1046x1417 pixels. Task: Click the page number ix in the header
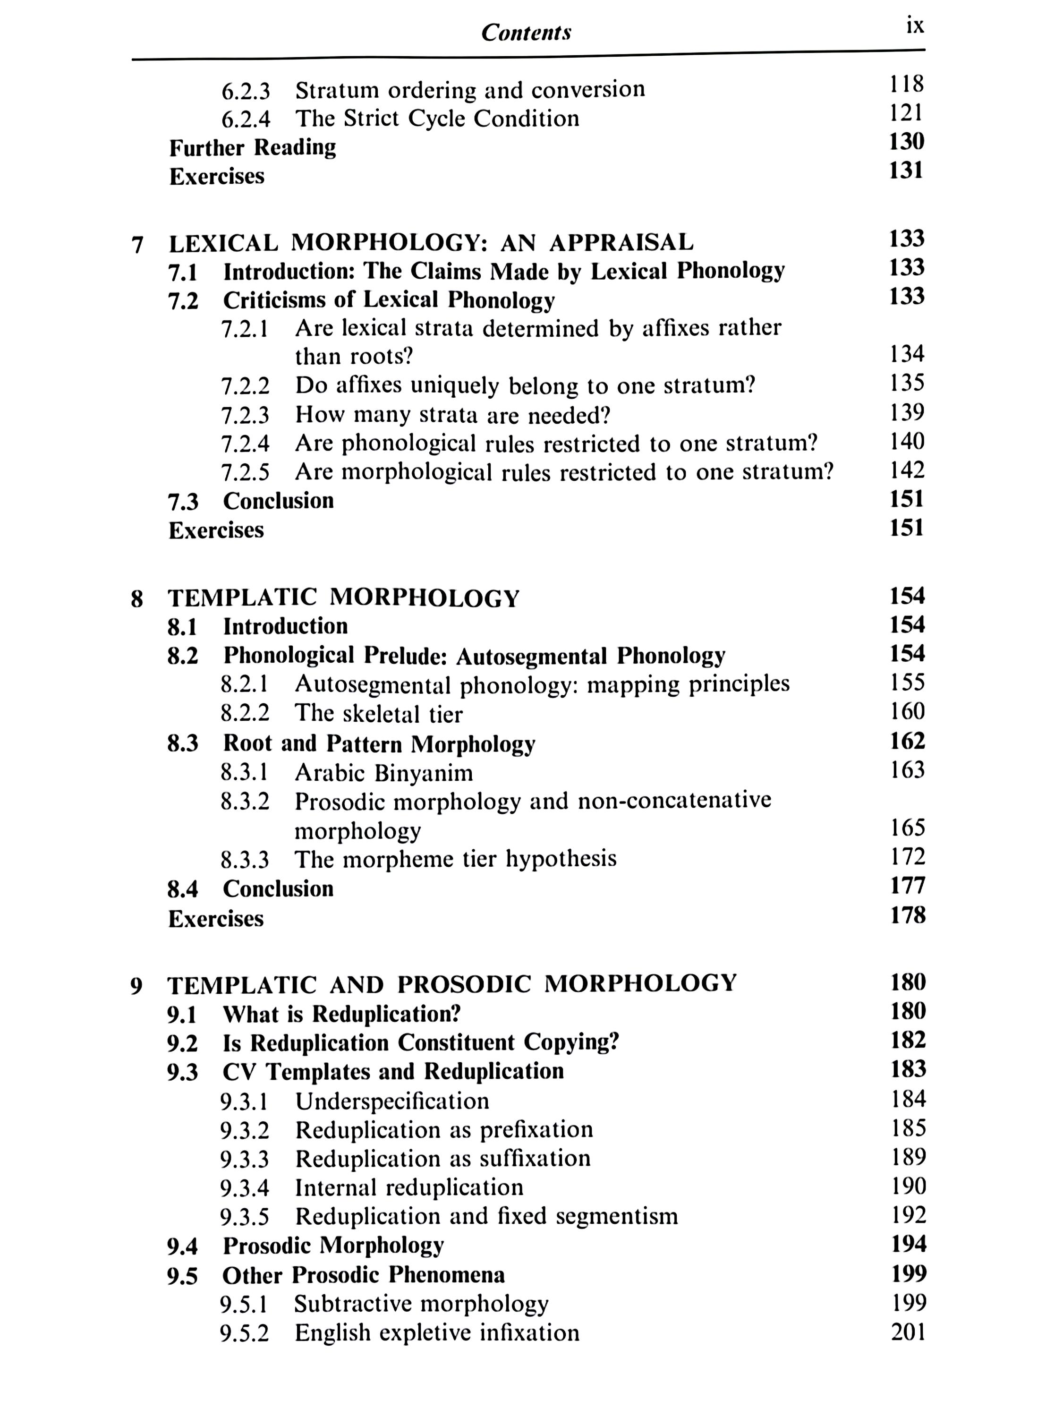click(915, 26)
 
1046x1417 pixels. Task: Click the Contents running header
click(526, 32)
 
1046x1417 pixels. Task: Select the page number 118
click(906, 84)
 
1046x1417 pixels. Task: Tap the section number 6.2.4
click(246, 119)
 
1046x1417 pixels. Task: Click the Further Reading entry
click(253, 147)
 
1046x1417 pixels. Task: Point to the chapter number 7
click(137, 244)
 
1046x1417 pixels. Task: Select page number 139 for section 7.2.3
click(907, 412)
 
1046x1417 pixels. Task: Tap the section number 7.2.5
click(245, 472)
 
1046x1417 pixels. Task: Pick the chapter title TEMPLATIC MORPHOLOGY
click(343, 598)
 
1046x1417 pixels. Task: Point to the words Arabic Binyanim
click(384, 773)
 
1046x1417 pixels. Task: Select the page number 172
click(907, 857)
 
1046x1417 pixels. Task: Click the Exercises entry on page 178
click(216, 919)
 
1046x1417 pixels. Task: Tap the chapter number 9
click(136, 986)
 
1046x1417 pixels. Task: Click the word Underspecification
click(392, 1101)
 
